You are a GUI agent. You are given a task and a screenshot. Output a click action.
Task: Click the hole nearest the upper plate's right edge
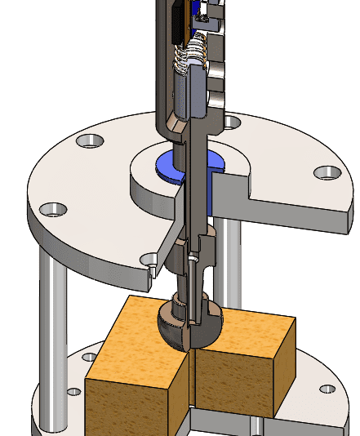click(x=327, y=172)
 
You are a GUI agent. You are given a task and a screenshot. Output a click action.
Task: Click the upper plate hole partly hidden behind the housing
click(x=233, y=122)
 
